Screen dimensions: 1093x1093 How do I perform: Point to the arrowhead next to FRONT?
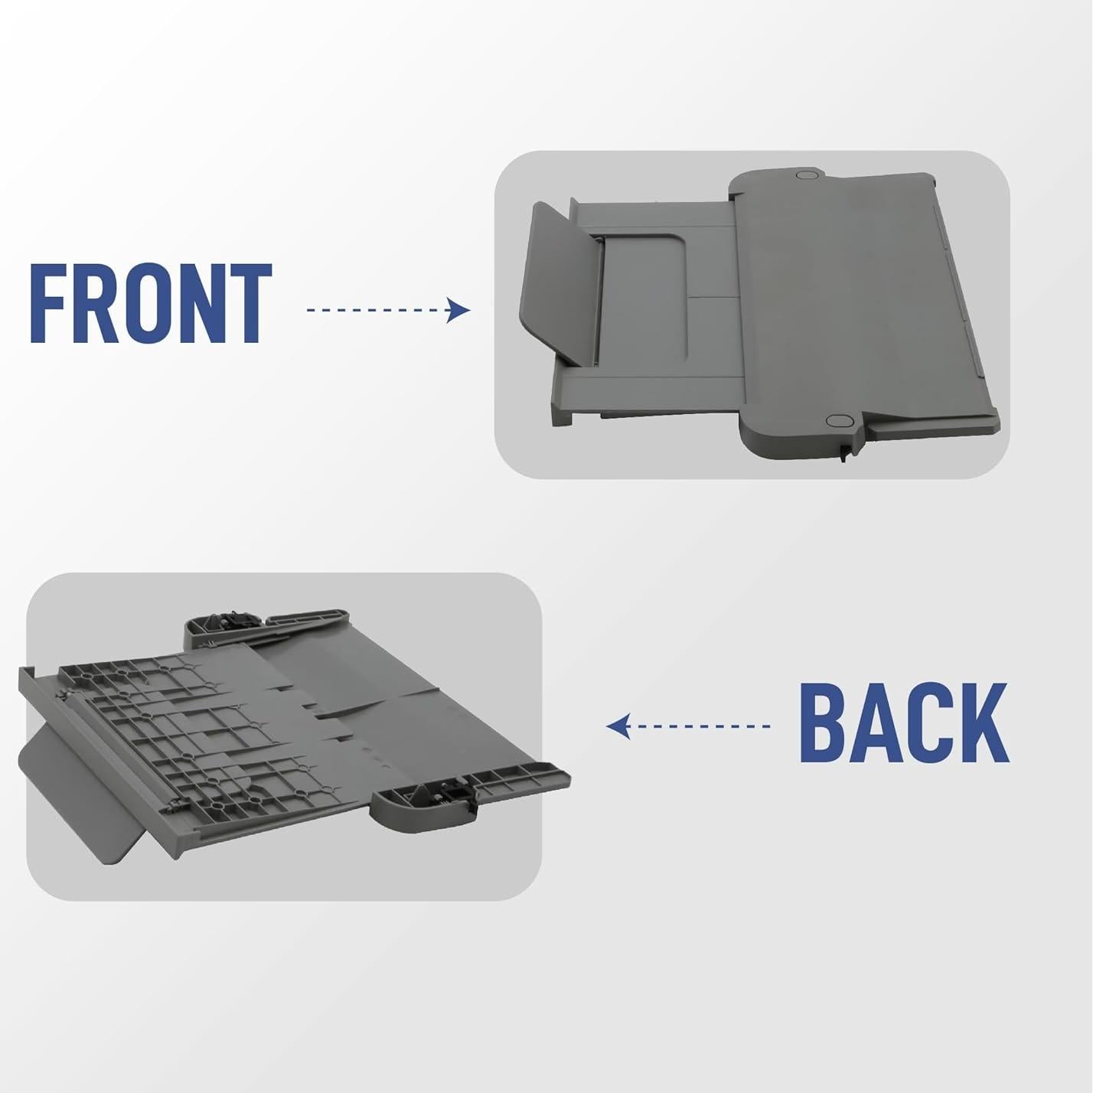coord(459,310)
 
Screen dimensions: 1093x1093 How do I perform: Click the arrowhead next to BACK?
coord(618,726)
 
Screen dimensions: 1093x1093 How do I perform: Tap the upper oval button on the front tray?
coord(806,175)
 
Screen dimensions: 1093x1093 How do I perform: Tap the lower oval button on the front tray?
coord(838,421)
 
